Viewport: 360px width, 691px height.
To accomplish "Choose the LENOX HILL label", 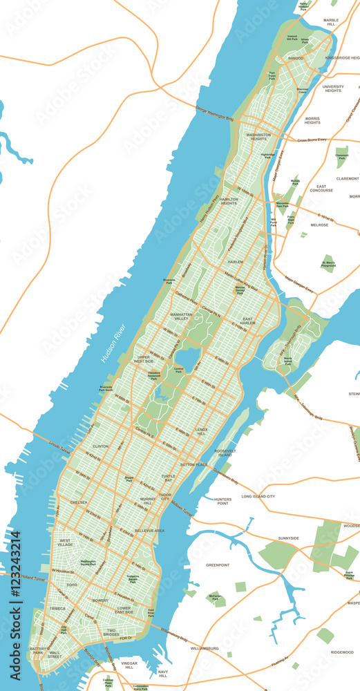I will pyautogui.click(x=201, y=432).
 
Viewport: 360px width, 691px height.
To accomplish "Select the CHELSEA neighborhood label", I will pyautogui.click(x=78, y=502).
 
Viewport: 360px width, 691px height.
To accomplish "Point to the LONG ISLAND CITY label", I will pyautogui.click(x=258, y=496).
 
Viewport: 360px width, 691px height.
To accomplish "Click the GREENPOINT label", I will pyautogui.click(x=218, y=565).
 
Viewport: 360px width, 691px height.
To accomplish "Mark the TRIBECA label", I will pyautogui.click(x=57, y=608).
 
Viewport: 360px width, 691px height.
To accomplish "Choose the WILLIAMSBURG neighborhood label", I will pyautogui.click(x=205, y=649).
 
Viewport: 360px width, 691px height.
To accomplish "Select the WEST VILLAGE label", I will pyautogui.click(x=64, y=543).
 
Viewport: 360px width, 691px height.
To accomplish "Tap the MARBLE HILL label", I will pyautogui.click(x=331, y=23).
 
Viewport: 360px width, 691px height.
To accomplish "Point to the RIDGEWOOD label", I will pyautogui.click(x=341, y=652).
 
